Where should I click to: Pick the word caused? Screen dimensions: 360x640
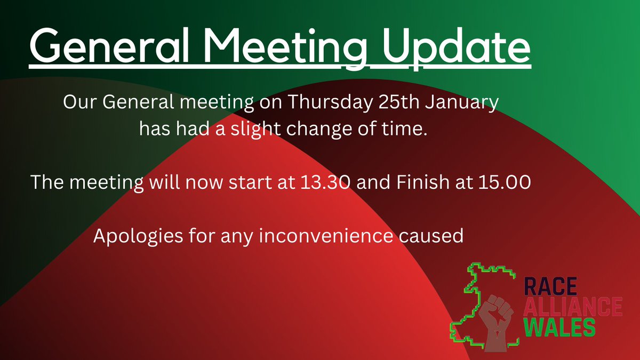[436, 236]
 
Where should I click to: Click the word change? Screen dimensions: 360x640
[322, 129]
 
